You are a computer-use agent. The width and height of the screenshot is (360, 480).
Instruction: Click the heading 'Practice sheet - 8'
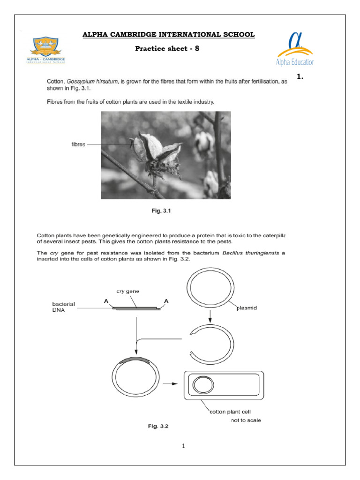pos(167,48)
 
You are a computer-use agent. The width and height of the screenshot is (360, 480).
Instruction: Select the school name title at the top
pos(169,34)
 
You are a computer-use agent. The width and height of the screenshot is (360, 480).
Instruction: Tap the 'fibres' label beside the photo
pos(78,145)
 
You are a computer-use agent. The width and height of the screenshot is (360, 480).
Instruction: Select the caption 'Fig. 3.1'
pos(160,211)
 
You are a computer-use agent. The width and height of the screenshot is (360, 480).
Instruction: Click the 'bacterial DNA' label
pos(63,307)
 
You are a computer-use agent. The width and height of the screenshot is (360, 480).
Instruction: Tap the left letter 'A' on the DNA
pos(106,302)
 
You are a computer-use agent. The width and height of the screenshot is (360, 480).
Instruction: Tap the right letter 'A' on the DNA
pos(166,302)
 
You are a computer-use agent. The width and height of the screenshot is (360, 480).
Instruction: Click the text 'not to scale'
pos(246,420)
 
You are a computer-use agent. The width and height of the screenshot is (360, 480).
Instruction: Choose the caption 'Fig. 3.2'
pos(157,427)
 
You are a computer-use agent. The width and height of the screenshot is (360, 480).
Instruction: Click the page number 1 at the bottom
pos(184,446)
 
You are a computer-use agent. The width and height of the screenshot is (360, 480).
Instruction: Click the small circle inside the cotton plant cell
pos(202,386)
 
